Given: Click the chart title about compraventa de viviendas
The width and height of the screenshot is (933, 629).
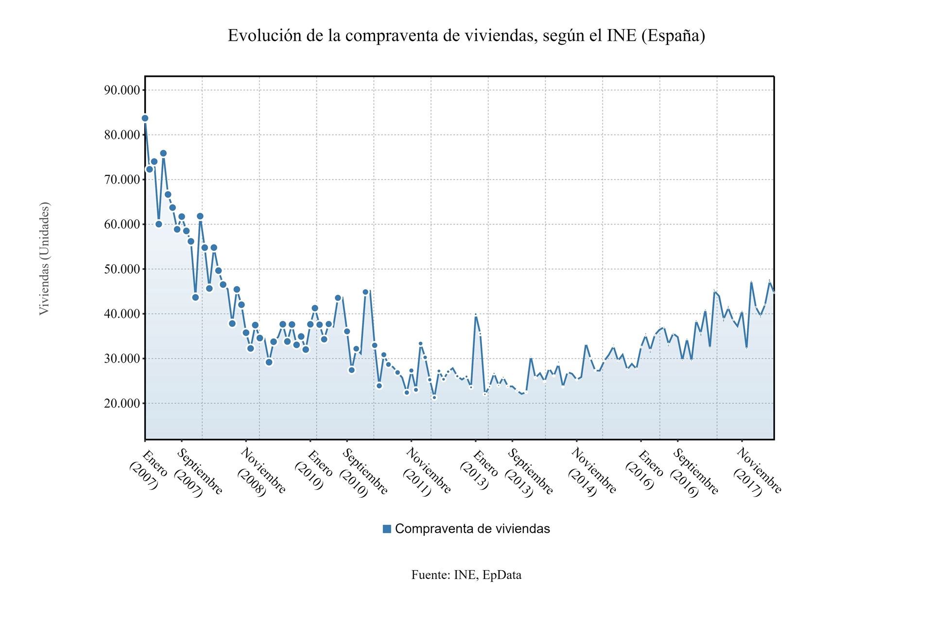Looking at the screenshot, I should tap(466, 36).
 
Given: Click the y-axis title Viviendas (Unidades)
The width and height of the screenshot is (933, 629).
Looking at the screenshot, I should tap(44, 258).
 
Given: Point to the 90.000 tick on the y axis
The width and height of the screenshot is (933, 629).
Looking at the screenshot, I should tap(122, 90).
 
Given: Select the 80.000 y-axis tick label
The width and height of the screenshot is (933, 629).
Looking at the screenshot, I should tap(122, 135).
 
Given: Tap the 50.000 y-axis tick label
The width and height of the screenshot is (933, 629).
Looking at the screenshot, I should tap(122, 269).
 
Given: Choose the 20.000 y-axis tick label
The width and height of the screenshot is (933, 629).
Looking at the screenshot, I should tap(122, 403).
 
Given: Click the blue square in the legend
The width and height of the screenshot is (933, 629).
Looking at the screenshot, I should tap(387, 529).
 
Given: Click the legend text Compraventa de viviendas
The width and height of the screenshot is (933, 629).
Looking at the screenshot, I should tap(472, 529).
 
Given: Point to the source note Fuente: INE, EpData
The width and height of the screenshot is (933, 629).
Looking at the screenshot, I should tap(466, 575).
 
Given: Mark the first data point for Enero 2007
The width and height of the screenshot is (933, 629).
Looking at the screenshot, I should tap(145, 118).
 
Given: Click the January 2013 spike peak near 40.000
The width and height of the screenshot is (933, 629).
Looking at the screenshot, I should tap(476, 315).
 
